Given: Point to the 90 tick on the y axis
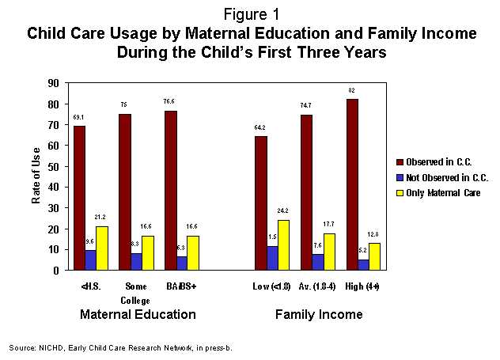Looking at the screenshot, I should [x=53, y=83].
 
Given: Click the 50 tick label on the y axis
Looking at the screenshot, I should [x=53, y=166].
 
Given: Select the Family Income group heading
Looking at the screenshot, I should [x=319, y=315].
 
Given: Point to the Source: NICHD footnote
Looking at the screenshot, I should [x=121, y=347].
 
